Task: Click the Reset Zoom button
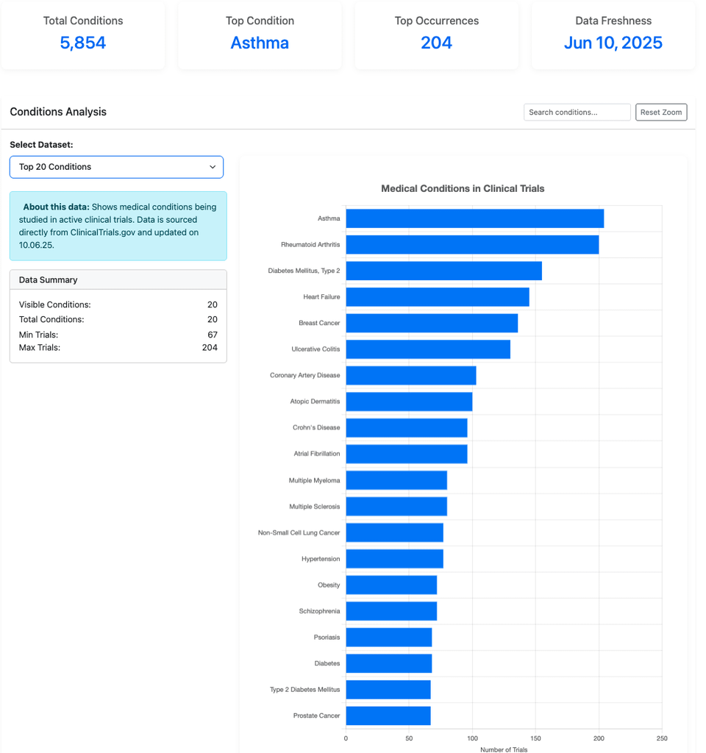(x=661, y=113)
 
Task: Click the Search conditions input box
(x=577, y=113)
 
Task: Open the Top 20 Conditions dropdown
(x=116, y=167)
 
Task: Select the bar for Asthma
(x=474, y=218)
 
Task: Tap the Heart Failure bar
(x=437, y=297)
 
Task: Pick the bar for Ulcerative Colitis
(x=427, y=349)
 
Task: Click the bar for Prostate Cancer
(x=388, y=715)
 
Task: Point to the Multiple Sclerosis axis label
(x=315, y=507)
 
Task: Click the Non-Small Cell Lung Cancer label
(x=299, y=532)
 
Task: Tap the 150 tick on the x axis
(x=535, y=738)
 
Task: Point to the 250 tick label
(x=662, y=738)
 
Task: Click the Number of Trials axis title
(x=504, y=749)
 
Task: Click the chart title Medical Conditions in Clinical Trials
(x=463, y=189)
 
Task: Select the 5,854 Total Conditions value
(x=83, y=43)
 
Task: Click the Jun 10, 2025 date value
(x=613, y=43)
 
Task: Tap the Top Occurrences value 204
(x=436, y=43)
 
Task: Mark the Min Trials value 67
(x=212, y=335)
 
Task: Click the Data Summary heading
(x=49, y=280)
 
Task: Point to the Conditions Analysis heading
(x=58, y=112)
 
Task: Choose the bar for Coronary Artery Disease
(x=410, y=375)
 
